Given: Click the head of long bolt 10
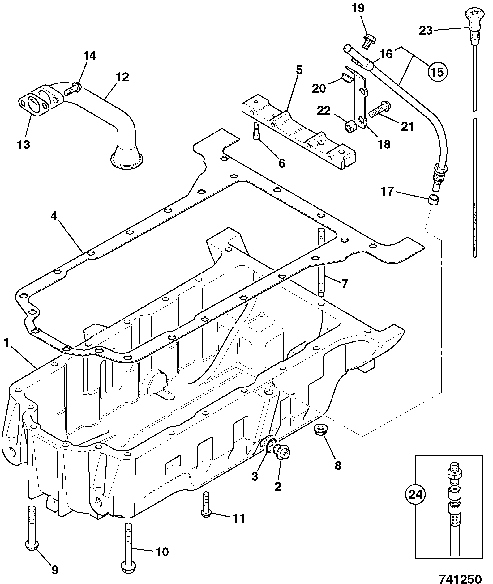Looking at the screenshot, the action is point(128,571).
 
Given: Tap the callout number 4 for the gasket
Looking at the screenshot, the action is point(54,216).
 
